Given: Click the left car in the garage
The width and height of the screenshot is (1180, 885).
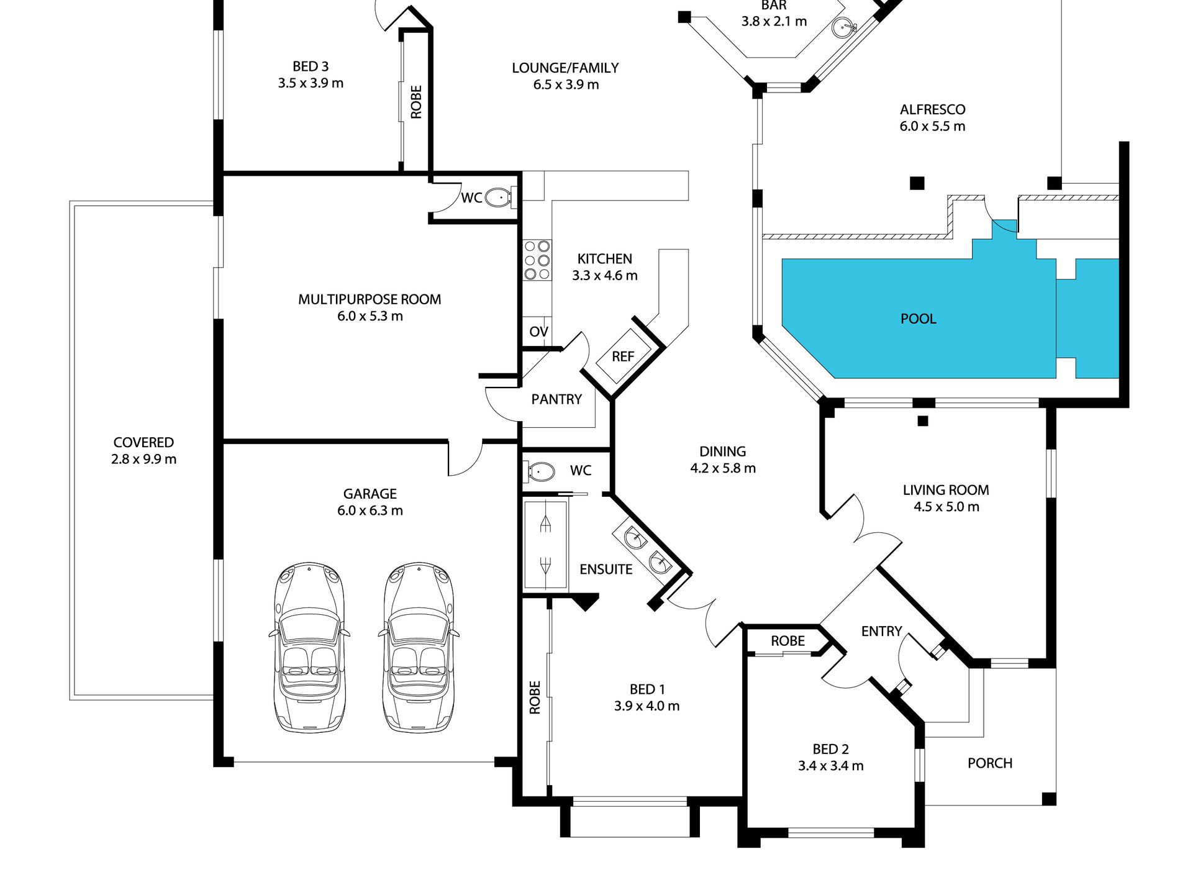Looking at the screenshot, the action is tap(309, 647).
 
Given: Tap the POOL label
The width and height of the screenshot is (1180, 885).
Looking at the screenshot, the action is tap(918, 319).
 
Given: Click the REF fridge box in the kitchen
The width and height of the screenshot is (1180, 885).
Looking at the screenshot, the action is tap(623, 356).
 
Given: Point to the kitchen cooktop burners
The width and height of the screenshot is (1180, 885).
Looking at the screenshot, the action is tap(537, 260).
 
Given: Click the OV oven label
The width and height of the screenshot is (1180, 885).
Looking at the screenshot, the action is tap(538, 332).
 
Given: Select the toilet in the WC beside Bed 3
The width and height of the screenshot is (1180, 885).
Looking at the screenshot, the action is tap(498, 197).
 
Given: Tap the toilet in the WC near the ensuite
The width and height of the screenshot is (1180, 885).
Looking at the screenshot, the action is tap(540, 471).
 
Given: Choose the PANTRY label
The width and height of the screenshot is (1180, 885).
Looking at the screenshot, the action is tap(556, 399).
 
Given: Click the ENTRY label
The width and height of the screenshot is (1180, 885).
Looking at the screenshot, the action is tap(881, 632).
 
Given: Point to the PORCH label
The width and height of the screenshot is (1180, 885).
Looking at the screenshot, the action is tap(990, 763).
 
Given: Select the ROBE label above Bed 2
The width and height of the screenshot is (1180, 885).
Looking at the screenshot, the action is tap(787, 641).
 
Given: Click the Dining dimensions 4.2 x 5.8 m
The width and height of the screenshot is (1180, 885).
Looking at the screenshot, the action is tap(723, 468).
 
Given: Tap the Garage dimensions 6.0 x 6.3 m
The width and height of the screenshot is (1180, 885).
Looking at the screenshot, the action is tap(370, 511).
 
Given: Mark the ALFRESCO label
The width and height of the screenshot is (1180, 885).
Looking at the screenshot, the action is tap(933, 110).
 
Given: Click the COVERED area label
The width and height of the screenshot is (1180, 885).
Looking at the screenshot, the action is tap(143, 443).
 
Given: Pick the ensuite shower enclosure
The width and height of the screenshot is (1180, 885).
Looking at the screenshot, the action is tap(545, 545).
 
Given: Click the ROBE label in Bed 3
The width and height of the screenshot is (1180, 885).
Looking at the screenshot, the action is tap(416, 102).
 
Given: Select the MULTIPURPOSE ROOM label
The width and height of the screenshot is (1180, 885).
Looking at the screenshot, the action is tap(370, 299).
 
